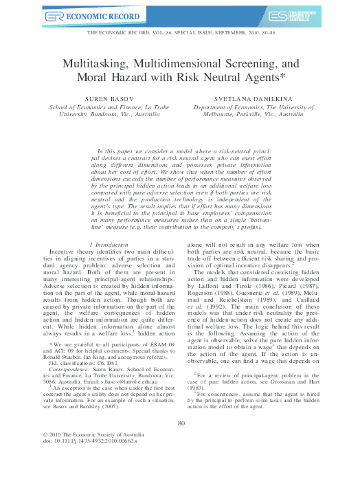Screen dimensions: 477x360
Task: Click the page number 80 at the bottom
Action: (181, 423)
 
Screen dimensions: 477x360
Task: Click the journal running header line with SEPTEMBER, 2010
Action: (180, 34)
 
